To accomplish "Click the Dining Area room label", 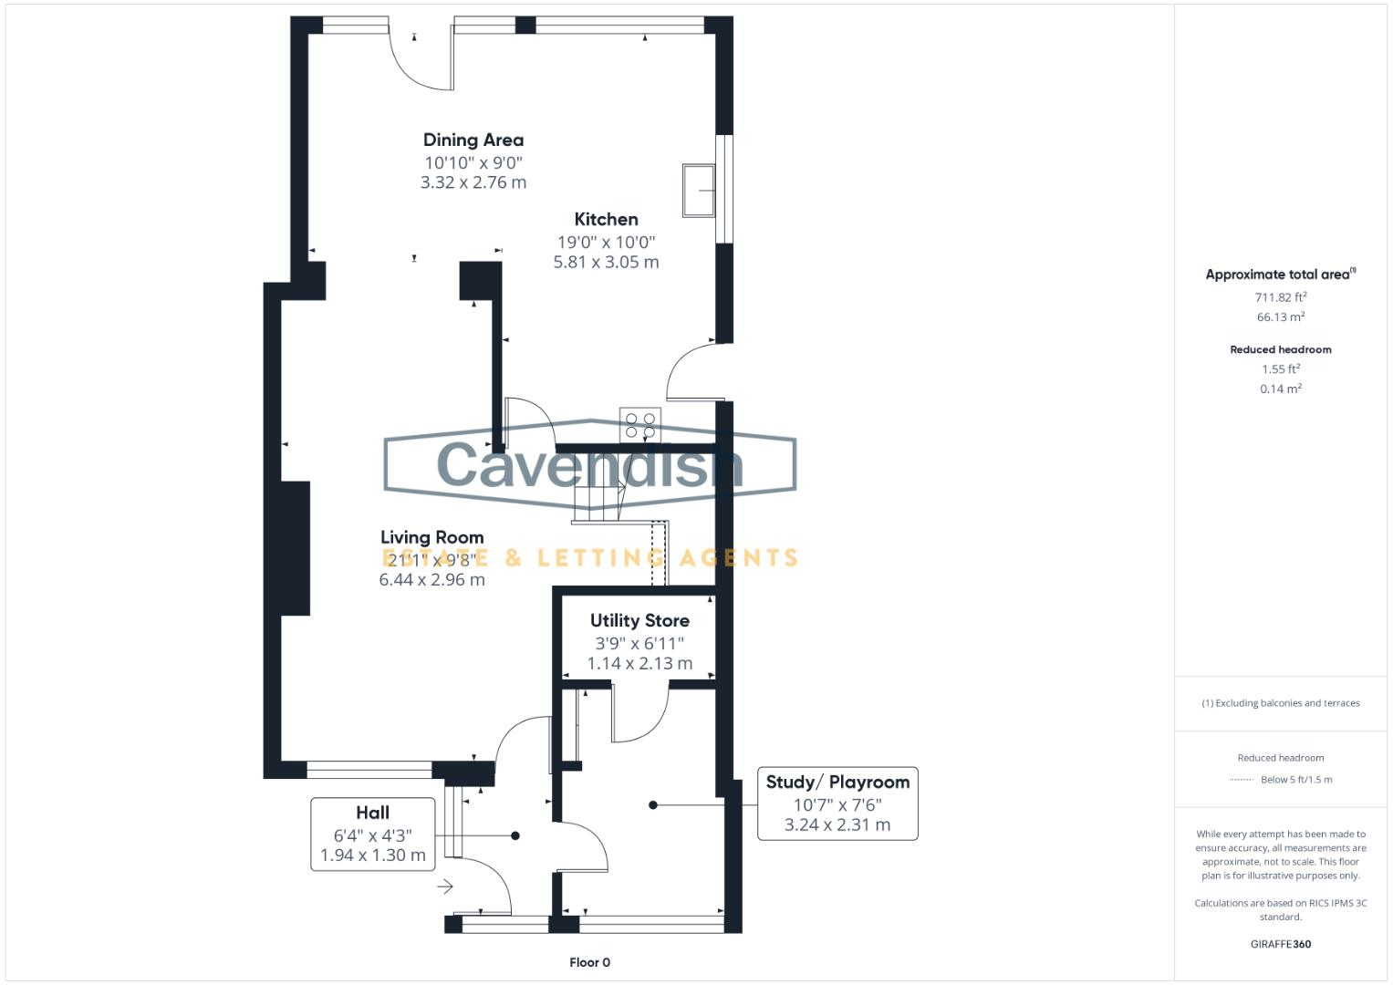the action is pos(473,140).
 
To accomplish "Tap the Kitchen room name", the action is pos(606,219).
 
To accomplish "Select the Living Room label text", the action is pos(431,537).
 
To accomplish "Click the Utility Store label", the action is pos(639,620).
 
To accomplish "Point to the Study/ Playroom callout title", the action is pos(837,782).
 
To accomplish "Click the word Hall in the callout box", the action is pos(372,812).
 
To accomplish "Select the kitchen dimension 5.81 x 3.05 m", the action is pos(606,262).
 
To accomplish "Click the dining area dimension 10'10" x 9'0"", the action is pos(473,162).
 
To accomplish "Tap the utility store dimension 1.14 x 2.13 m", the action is pos(639,663).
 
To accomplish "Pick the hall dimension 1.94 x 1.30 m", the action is pos(372,855).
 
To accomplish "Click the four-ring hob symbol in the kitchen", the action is pos(639,424).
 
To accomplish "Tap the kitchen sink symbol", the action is pos(699,191).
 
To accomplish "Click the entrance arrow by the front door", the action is pos(445,886).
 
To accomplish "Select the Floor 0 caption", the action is pos(589,962).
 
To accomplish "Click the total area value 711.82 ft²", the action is pos(1280,297).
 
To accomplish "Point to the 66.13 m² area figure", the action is pos(1280,317).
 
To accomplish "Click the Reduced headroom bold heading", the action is pos(1280,349).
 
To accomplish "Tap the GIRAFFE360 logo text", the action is pos(1280,944).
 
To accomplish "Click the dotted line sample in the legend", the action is pos(1241,780).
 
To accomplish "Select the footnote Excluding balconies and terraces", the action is pos(1280,703).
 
